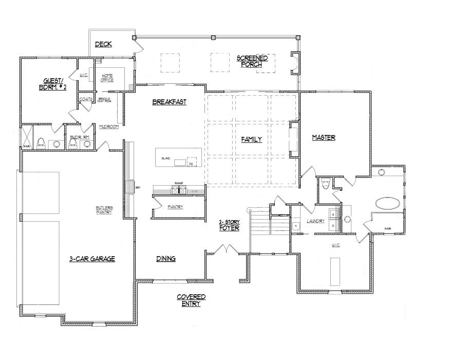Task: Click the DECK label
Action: [x=104, y=45]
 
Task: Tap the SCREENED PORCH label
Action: [x=252, y=61]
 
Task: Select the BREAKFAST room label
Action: [x=169, y=102]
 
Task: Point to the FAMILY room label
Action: [x=252, y=139]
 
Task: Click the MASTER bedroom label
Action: [x=324, y=137]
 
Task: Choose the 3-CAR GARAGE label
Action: [x=92, y=259]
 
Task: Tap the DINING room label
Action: [x=166, y=259]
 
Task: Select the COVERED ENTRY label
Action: [x=191, y=300]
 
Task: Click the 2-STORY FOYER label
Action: [x=229, y=225]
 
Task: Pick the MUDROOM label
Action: [x=109, y=127]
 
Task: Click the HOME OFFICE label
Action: [x=107, y=78]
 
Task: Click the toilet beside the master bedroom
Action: [x=325, y=184]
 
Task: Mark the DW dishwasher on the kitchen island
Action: [x=191, y=164]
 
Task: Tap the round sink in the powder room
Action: [x=87, y=145]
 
